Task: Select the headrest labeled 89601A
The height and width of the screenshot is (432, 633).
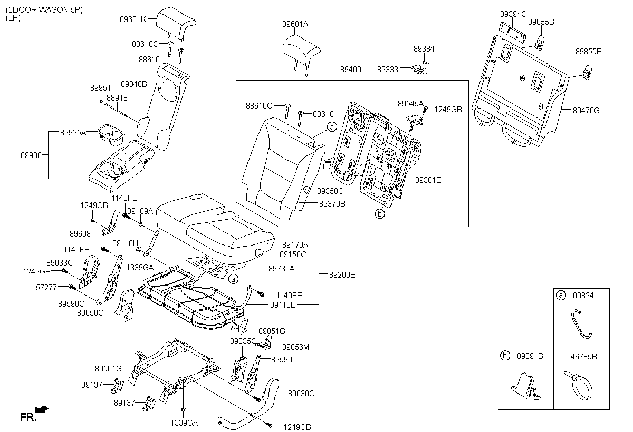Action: tap(301, 48)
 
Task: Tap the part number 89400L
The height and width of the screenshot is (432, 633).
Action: tap(353, 70)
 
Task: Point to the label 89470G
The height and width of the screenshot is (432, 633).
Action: tap(587, 110)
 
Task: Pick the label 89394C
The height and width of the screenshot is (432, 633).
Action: tap(513, 14)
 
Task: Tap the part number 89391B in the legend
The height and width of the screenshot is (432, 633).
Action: tap(530, 356)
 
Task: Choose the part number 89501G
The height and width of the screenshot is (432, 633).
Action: tap(109, 368)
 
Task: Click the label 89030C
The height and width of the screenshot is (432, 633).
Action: tap(301, 392)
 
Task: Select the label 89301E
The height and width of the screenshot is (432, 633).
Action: tap(428, 180)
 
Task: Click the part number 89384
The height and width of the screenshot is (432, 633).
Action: tap(424, 48)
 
